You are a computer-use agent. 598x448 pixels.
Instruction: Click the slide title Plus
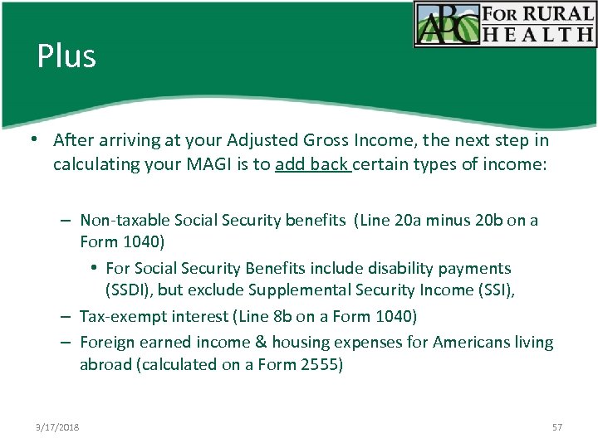[66, 56]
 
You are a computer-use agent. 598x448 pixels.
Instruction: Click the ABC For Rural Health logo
[505, 24]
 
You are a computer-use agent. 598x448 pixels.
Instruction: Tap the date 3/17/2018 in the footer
[57, 427]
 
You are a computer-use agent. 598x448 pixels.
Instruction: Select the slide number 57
[556, 427]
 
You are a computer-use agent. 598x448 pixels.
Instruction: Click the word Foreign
[107, 342]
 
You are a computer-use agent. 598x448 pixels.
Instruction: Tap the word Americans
[467, 342]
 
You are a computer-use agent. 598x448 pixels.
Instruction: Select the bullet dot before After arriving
[39, 141]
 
